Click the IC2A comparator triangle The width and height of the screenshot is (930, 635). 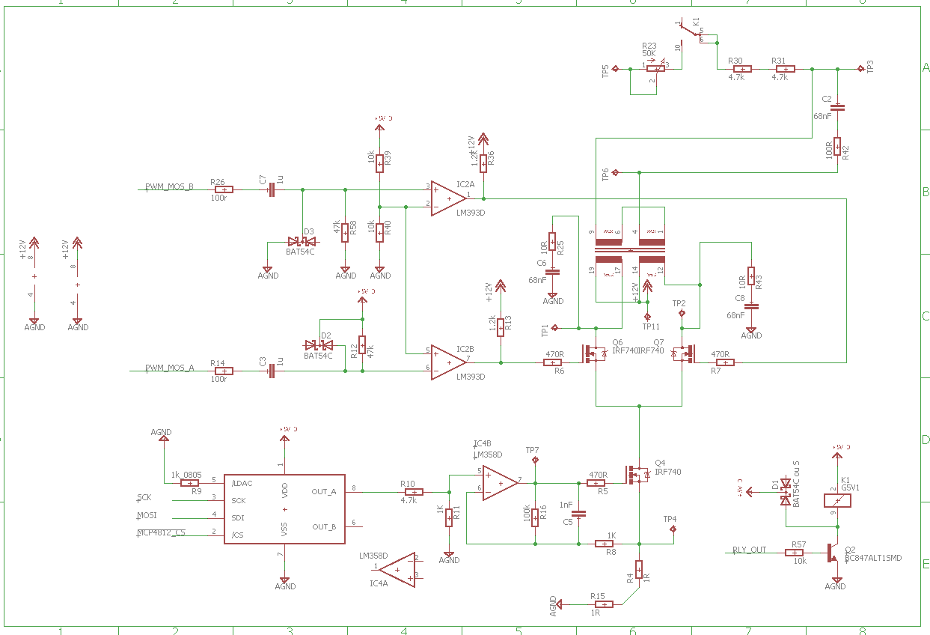(x=447, y=198)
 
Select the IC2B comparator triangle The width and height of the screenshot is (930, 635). (x=447, y=362)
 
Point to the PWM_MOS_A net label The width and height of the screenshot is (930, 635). (x=169, y=368)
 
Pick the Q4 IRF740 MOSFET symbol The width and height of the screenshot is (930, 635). (x=637, y=475)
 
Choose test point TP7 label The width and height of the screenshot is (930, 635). (x=532, y=450)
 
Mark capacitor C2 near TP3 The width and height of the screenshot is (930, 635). (x=837, y=107)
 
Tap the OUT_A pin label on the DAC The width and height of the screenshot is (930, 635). (x=324, y=492)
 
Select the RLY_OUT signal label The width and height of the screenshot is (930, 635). (x=749, y=550)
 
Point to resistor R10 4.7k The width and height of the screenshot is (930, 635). (x=414, y=492)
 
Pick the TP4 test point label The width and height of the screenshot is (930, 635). (x=670, y=519)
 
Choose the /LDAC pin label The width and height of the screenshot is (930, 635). (x=242, y=483)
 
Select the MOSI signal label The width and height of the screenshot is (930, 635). (x=146, y=515)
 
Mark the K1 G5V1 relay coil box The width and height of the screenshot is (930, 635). (x=838, y=500)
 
